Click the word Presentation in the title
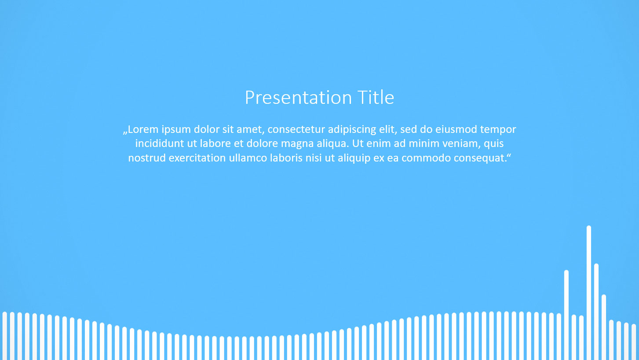pos(298,98)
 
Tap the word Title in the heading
pos(376,97)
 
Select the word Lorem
pos(143,129)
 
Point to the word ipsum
pos(176,130)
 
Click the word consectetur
pos(296,130)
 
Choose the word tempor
pos(498,130)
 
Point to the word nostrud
pos(147,158)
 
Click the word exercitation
pos(197,158)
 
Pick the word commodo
pos(426,158)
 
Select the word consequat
pos(480,158)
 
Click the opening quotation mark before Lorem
pos(125,132)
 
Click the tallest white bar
pos(589,293)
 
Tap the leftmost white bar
pos(5,336)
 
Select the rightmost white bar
pos(634,342)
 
